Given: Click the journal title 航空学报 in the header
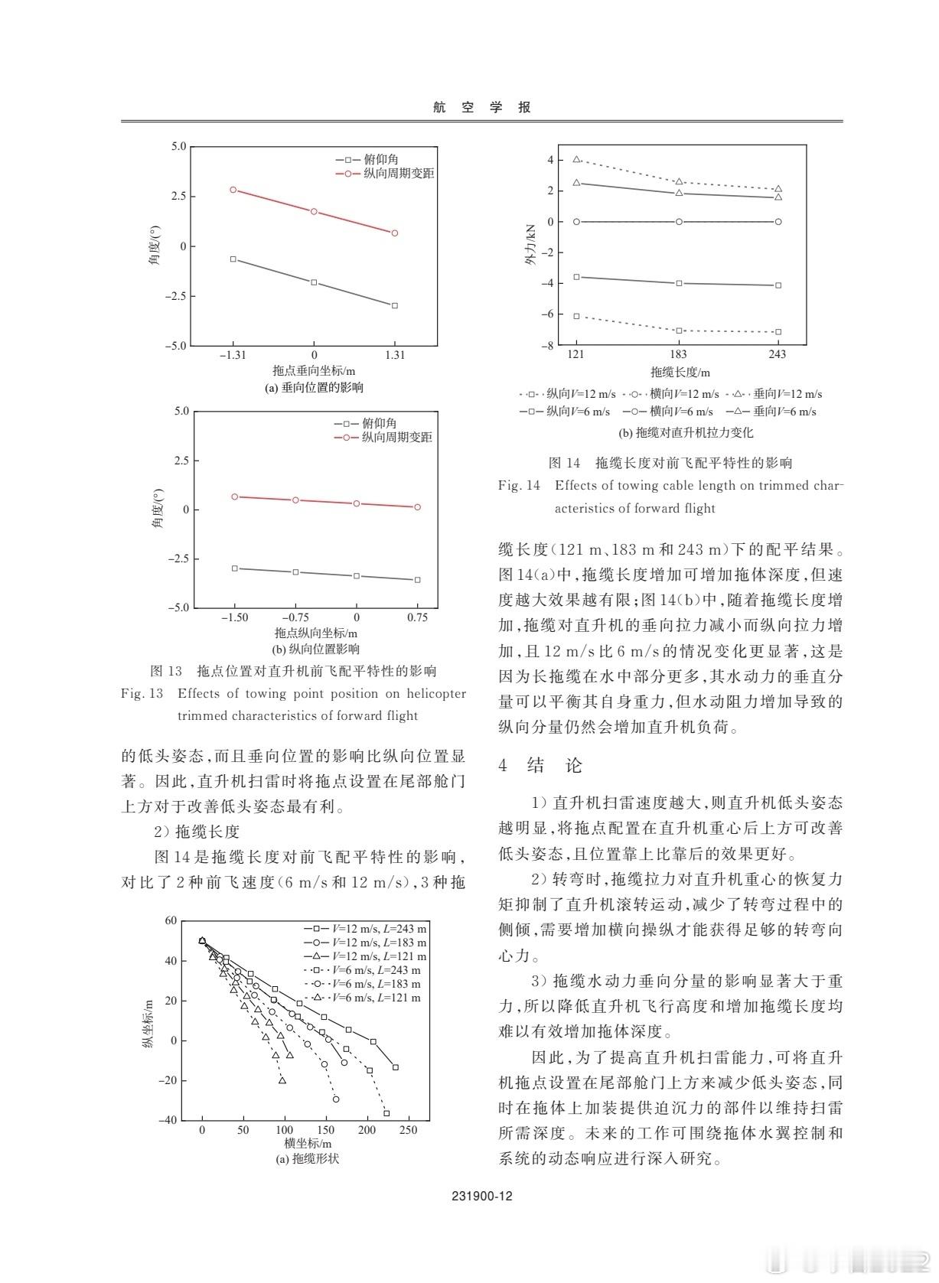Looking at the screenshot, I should point(481,108).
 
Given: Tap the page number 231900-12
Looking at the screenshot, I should point(481,1197).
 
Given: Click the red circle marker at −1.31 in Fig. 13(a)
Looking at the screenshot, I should point(233,190).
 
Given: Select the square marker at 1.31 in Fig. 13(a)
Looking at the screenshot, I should point(395,305).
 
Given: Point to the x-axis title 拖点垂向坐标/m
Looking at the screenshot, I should point(314,371).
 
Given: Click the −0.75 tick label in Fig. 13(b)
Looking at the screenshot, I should point(295,617).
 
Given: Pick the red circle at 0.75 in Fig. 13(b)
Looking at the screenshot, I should point(417,507).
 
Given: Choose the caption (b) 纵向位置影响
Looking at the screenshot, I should point(314,650).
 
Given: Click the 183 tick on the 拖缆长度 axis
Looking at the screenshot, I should point(679,354).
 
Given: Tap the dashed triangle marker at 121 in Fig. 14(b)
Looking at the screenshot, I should point(577,159).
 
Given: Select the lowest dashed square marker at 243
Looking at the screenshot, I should point(778,332).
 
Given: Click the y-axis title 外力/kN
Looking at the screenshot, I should point(530,246).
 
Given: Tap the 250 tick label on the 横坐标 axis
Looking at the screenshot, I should point(409,1130).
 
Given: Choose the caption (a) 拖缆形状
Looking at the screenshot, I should point(307,1158).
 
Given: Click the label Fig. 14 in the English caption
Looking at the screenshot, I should point(519,485).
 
